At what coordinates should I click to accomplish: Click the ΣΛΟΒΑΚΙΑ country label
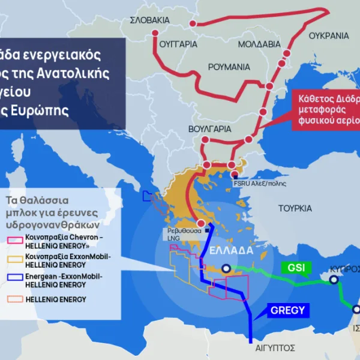tap(150, 20)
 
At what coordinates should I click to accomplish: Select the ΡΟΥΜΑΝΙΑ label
tap(229, 67)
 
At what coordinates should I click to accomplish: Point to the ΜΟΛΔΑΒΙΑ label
tap(259, 44)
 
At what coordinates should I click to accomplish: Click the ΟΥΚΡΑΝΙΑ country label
tap(328, 36)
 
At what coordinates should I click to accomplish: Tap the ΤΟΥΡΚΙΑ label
tap(295, 208)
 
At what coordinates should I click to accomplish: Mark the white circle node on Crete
tap(226, 269)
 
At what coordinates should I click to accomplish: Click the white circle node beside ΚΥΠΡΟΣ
tap(334, 280)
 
